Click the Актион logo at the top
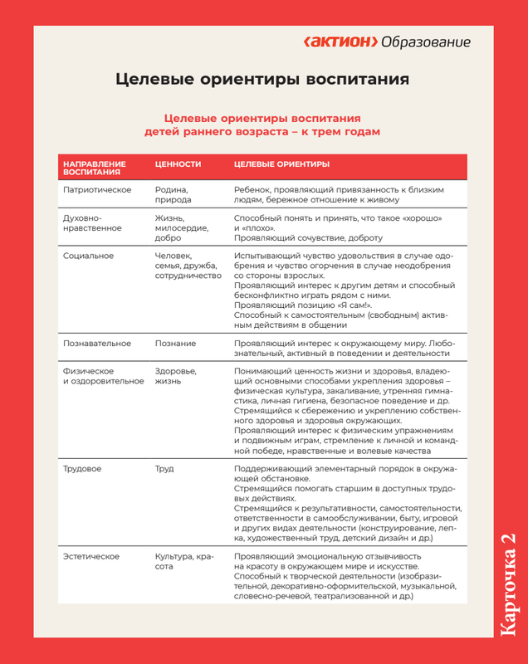pyautogui.click(x=341, y=41)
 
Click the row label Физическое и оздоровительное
pyautogui.click(x=98, y=376)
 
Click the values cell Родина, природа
pyautogui.click(x=173, y=195)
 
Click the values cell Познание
pyautogui.click(x=175, y=343)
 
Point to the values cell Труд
pyautogui.click(x=164, y=469)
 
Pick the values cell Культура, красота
pyautogui.click(x=183, y=561)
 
